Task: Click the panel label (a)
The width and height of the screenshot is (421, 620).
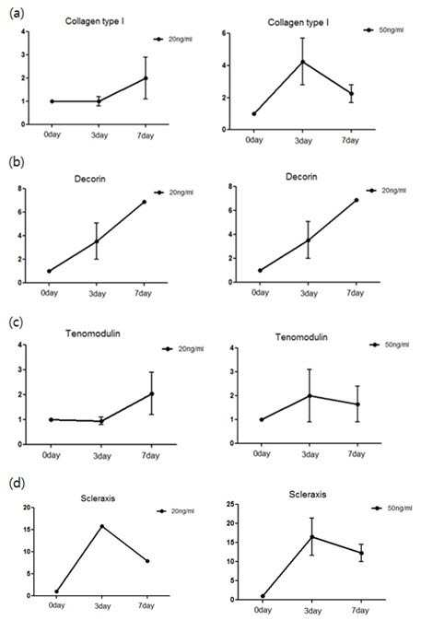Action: tap(16, 13)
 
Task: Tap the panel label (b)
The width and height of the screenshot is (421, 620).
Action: tap(17, 162)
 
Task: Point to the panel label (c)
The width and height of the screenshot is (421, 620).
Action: tap(16, 322)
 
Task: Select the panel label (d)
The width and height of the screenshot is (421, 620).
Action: tap(17, 483)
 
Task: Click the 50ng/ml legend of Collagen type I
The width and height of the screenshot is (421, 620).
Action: tap(384, 30)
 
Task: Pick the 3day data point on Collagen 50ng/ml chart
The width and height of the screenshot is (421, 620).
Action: tap(303, 62)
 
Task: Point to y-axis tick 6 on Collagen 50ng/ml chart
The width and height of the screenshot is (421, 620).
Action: tap(224, 33)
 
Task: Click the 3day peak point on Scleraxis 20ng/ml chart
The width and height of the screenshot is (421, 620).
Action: tap(102, 526)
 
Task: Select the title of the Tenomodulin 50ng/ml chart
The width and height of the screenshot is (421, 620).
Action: tap(301, 337)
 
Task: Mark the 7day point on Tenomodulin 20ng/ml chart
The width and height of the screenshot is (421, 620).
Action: tap(151, 393)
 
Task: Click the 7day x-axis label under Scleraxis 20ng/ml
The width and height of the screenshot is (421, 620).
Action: tap(146, 605)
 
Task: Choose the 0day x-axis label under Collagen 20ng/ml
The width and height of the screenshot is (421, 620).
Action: tap(53, 135)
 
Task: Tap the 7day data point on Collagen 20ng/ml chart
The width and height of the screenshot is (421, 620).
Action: tap(146, 78)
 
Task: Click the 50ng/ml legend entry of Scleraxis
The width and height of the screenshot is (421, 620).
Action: tap(392, 509)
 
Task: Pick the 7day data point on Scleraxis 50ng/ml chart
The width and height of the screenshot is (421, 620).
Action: tap(361, 553)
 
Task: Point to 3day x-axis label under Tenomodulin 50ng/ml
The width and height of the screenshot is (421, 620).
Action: tap(310, 454)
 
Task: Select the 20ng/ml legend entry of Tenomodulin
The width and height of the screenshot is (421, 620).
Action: tap(183, 349)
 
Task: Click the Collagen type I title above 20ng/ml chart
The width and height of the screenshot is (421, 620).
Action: tap(95, 21)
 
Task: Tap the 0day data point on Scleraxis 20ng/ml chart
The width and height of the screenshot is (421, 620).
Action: tap(56, 591)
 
